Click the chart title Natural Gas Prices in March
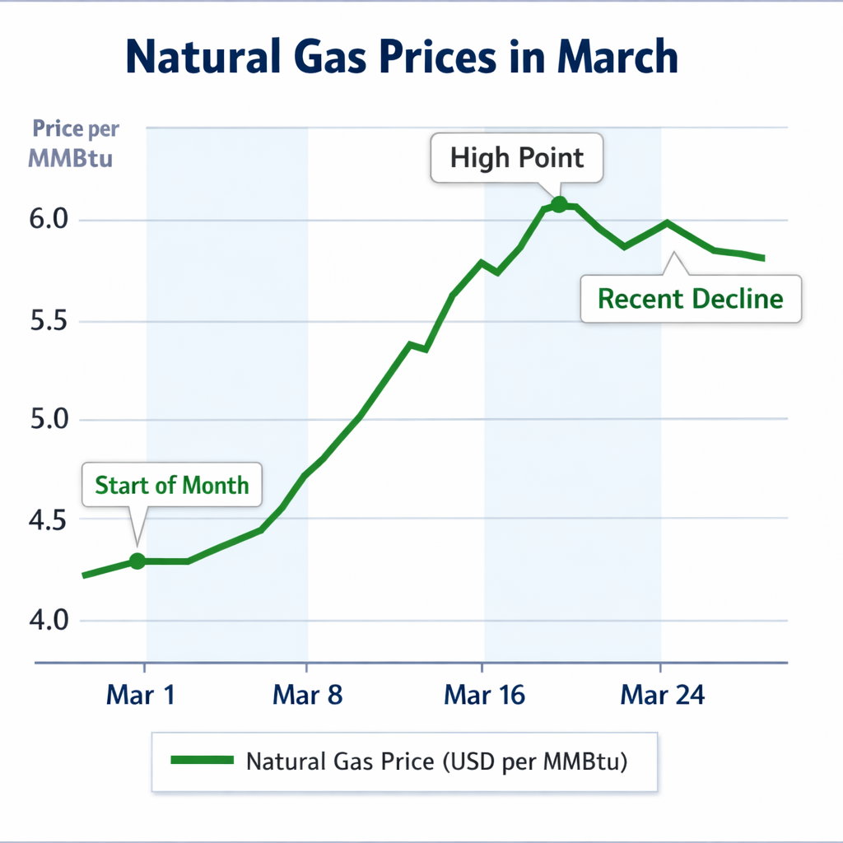(x=402, y=58)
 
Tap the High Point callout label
(x=517, y=157)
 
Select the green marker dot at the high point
(x=559, y=204)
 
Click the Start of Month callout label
(x=171, y=484)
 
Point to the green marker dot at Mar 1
(x=137, y=561)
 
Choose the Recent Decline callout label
(x=690, y=298)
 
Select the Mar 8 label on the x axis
(x=307, y=696)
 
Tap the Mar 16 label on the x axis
(x=484, y=696)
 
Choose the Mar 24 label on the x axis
(x=663, y=696)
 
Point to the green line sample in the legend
(x=203, y=761)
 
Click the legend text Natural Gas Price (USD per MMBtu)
(x=437, y=761)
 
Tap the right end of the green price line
(x=763, y=258)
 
